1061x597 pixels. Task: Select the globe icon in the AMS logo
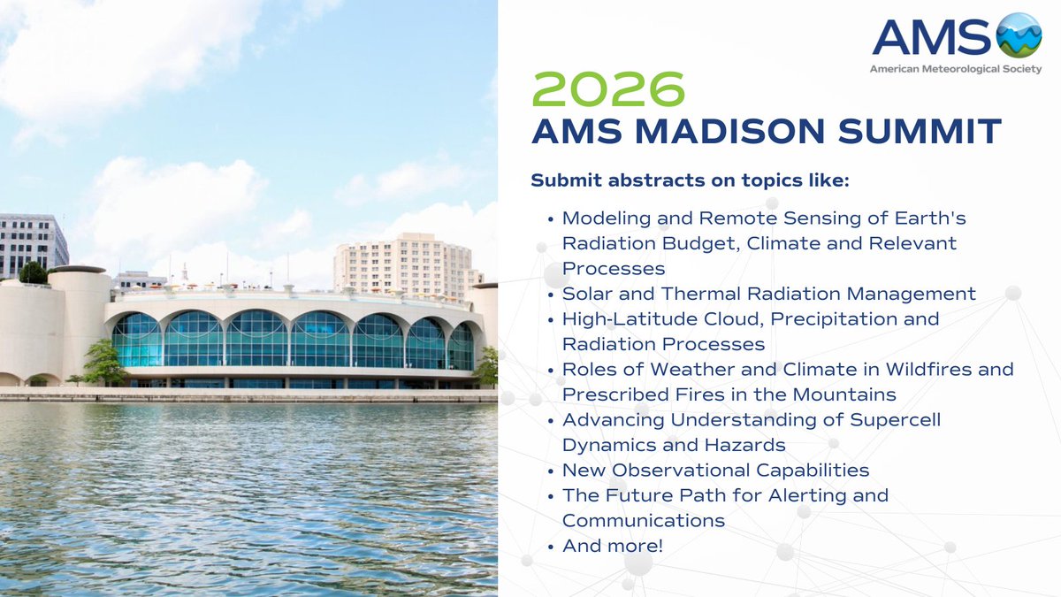(x=1019, y=35)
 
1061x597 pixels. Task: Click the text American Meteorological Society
(x=956, y=68)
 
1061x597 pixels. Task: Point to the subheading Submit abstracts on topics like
(x=690, y=180)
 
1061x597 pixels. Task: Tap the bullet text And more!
(x=612, y=546)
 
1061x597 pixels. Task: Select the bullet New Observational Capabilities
(x=715, y=470)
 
